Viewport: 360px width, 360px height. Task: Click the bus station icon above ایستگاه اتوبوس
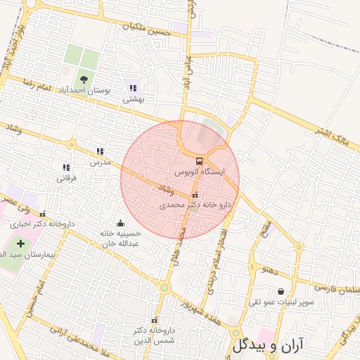tap(198, 161)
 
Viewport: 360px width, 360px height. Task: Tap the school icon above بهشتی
tap(132, 88)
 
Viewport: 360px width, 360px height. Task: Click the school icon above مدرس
tap(100, 151)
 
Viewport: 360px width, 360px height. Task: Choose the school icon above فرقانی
tap(65, 167)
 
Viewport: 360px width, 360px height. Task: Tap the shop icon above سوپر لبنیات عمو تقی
tap(281, 291)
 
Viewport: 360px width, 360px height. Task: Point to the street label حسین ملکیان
tap(146, 27)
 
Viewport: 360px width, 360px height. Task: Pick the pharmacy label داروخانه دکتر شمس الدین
tap(153, 334)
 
